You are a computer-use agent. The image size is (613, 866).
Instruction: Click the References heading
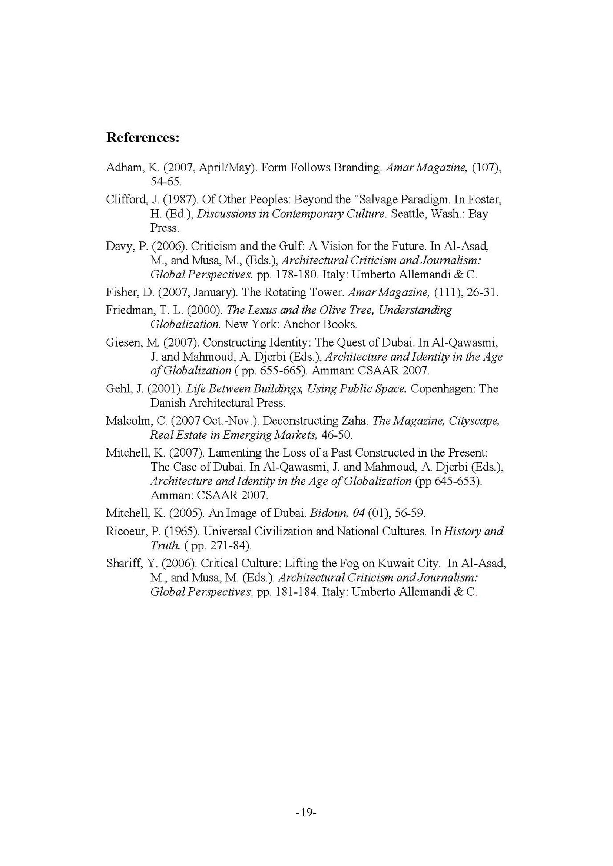142,138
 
